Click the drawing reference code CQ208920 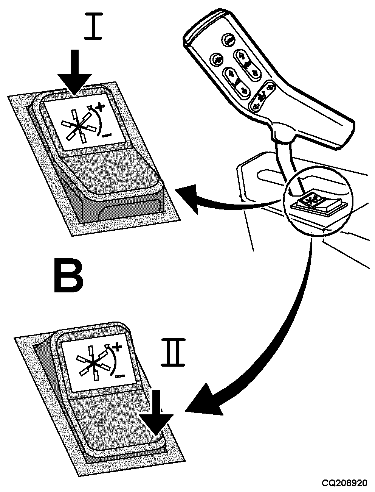click(x=344, y=483)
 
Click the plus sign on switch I click(x=100, y=109)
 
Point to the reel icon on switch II click(x=93, y=363)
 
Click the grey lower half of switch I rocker click(x=110, y=174)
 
